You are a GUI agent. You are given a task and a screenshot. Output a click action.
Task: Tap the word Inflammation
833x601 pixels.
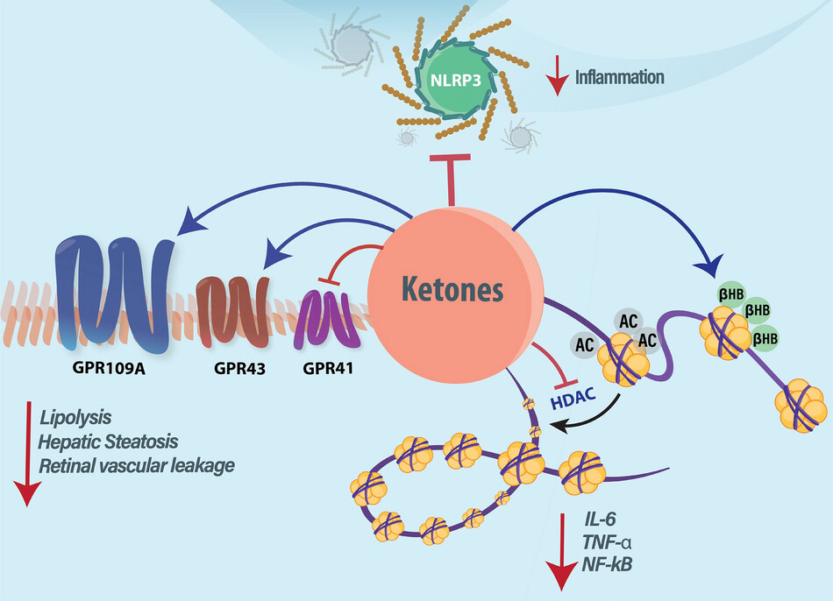(619, 78)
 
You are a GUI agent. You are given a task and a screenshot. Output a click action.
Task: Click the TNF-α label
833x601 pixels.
(603, 546)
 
